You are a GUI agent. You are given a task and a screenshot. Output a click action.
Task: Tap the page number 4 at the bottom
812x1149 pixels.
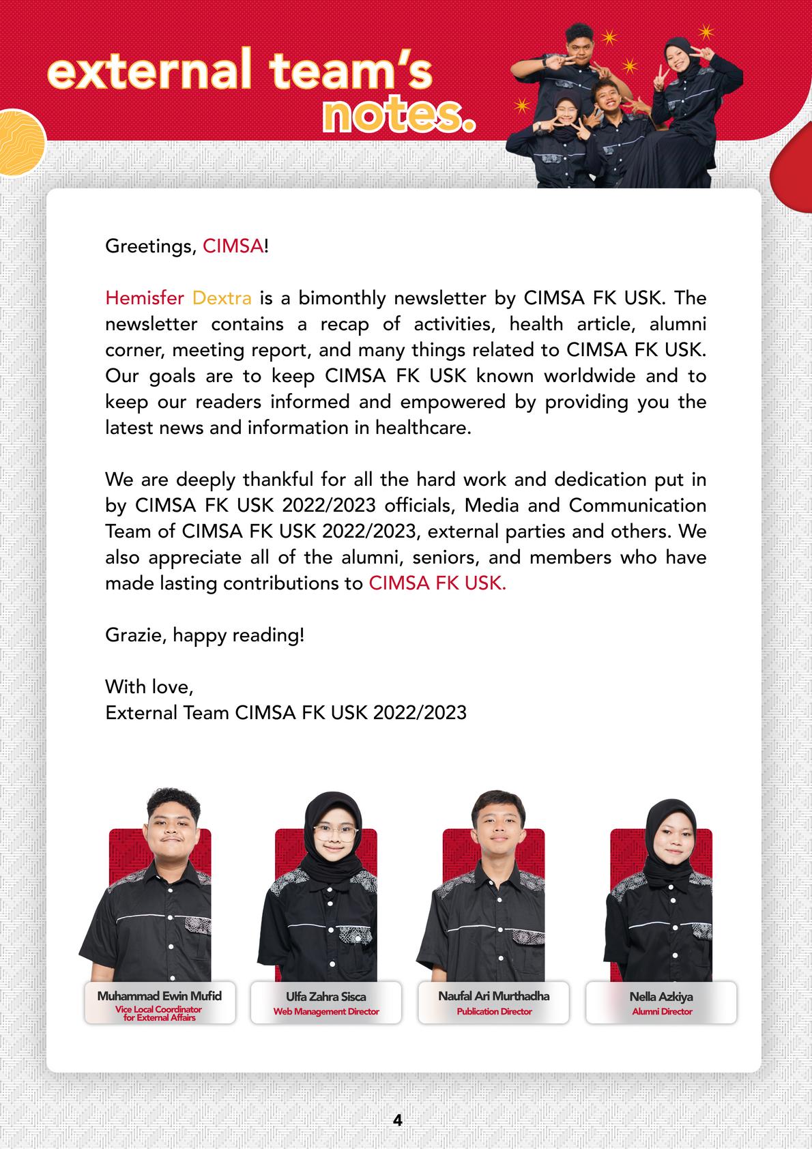398,1120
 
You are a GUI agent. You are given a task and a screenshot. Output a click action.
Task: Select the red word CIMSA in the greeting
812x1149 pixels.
233,246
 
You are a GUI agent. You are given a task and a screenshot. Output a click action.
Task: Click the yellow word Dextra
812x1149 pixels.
222,298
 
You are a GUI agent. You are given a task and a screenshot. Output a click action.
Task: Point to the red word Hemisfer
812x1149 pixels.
145,298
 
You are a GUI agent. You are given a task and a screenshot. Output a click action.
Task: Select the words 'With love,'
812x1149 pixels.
149,686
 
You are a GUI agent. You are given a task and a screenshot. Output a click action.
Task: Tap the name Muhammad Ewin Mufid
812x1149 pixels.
159,995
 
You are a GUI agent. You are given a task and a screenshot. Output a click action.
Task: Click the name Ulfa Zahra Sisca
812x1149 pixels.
326,996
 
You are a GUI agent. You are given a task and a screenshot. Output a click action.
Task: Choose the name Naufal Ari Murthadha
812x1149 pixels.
493,995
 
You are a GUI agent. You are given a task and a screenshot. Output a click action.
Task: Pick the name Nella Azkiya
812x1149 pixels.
661,996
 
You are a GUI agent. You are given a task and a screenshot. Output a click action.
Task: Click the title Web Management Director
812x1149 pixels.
326,1011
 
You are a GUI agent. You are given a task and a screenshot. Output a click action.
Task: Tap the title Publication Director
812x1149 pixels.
494,1011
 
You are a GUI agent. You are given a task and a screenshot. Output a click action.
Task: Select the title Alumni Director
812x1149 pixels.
662,1011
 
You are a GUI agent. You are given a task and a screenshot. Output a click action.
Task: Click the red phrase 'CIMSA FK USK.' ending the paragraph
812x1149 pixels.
437,583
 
